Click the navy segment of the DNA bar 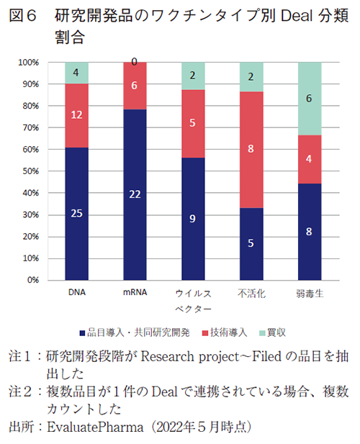76,214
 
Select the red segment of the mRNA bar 135,86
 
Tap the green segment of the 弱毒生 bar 309,99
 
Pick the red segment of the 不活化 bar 251,150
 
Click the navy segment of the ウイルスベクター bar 192,219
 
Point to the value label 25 76,214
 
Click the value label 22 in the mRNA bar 135,195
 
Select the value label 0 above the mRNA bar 135,63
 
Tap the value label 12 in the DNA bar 76,115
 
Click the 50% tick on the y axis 29,171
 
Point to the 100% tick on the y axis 27,63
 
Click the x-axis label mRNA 135,293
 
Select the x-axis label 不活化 251,294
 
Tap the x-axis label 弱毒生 309,294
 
